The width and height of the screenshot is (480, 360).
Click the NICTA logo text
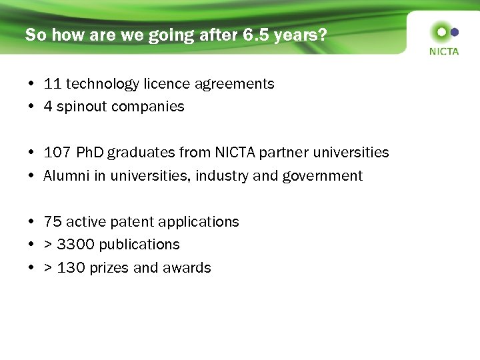(443, 51)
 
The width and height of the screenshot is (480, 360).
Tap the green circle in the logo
(440, 32)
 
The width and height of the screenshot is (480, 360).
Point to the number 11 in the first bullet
(53, 84)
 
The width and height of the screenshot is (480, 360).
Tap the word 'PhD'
(90, 153)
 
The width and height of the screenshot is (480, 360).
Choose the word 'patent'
(140, 222)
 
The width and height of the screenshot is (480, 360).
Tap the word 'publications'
(141, 245)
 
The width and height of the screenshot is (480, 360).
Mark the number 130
(71, 268)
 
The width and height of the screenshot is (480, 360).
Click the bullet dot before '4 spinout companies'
(31, 107)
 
